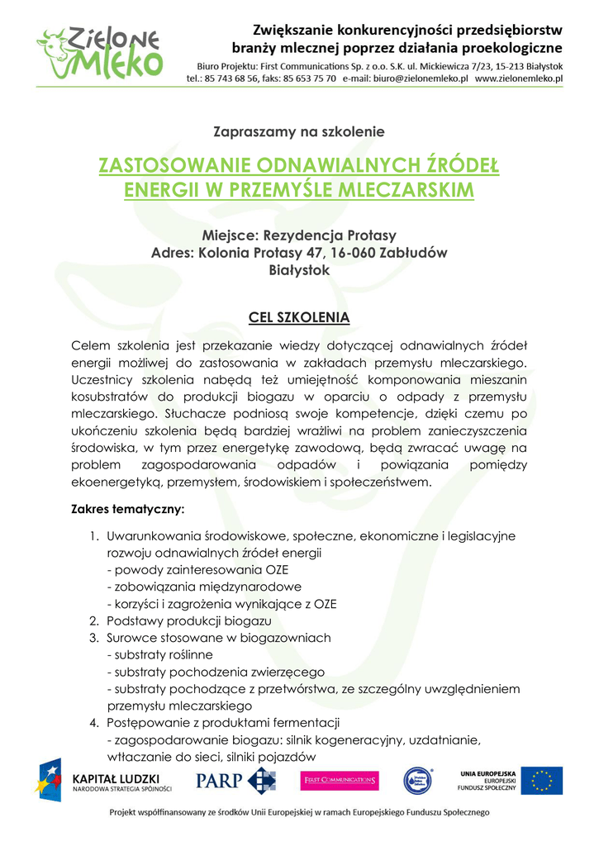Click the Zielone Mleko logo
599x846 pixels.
click(x=98, y=52)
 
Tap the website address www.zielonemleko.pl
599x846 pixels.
click(x=519, y=78)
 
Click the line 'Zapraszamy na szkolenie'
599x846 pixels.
click(x=299, y=131)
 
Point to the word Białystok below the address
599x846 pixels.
click(x=299, y=269)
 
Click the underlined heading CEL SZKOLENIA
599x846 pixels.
click(x=299, y=318)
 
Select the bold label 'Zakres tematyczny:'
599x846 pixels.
click(x=128, y=508)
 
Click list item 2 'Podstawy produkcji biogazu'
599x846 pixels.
click(x=188, y=620)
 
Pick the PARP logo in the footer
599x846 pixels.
click(x=235, y=780)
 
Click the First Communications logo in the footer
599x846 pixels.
click(x=340, y=780)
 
